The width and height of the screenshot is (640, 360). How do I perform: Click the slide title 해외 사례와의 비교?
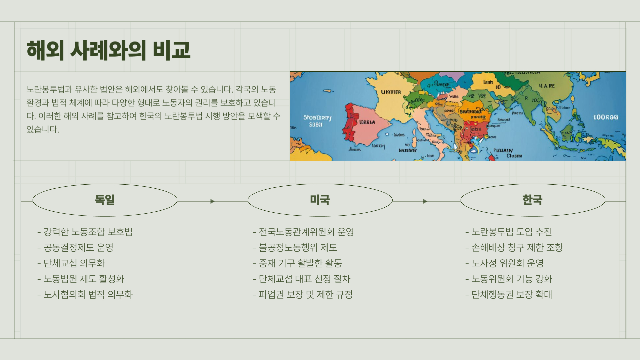[108, 50]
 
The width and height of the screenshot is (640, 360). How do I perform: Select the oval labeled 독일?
[105, 200]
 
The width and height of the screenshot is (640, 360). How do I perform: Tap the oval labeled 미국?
[320, 200]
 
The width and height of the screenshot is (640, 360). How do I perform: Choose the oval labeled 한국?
[532, 200]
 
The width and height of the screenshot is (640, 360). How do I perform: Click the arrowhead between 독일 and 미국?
[212, 201]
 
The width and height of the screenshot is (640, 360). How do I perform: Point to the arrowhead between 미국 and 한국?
[425, 201]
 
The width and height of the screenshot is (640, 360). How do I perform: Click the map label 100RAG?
[606, 117]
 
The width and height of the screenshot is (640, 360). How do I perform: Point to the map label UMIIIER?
[391, 92]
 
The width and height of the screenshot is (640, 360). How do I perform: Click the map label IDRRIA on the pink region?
[367, 122]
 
